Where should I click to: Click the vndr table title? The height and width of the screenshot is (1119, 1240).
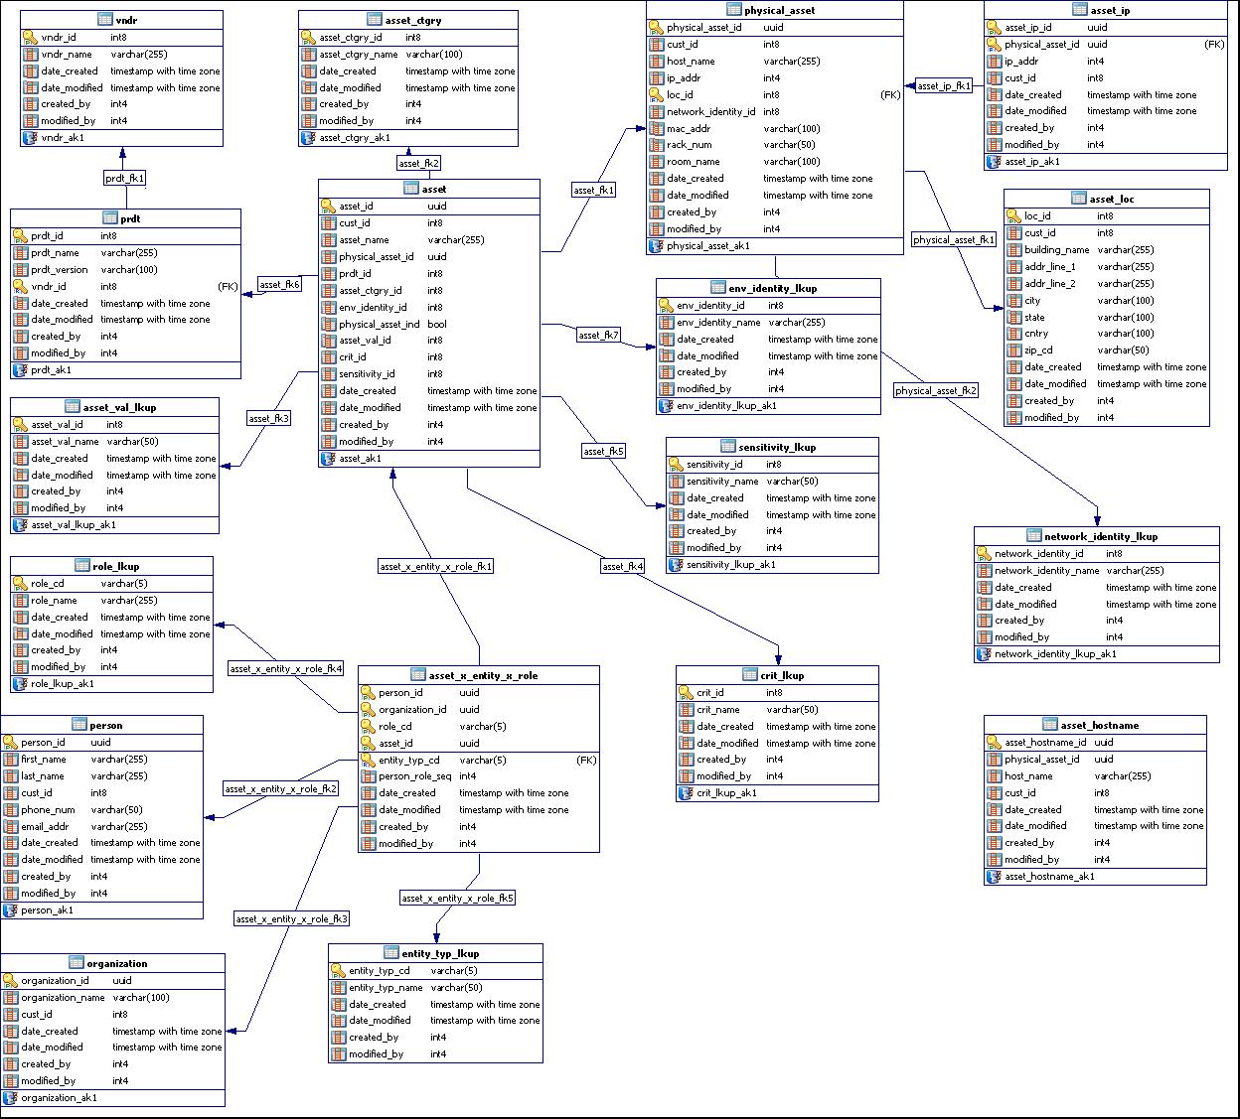coord(126,20)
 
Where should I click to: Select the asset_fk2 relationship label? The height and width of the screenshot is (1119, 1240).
coord(418,163)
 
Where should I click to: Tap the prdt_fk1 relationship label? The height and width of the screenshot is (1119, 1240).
coord(125,179)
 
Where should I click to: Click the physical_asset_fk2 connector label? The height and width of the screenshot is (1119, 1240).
coord(935,391)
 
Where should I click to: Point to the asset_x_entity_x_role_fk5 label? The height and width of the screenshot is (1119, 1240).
coord(457,898)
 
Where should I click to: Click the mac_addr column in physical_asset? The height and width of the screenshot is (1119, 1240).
coord(689,128)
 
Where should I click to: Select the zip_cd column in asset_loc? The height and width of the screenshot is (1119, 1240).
coord(1038,350)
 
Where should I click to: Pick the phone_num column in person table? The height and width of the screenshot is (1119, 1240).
coord(48,809)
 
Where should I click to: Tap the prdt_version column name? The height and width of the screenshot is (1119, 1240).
coord(59,269)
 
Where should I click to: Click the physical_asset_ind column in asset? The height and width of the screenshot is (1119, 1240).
coord(379,324)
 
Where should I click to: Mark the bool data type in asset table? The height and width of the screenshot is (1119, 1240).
coord(437,324)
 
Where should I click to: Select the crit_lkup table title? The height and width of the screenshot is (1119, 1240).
coord(782,675)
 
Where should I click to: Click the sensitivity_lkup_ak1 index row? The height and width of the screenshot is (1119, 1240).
coord(730,565)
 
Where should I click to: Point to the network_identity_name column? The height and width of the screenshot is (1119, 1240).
coord(1046,571)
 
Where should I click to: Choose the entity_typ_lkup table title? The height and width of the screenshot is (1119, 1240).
coord(440,953)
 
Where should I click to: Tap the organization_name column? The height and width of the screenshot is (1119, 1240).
coord(63,998)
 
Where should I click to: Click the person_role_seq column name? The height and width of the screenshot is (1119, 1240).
coord(414,776)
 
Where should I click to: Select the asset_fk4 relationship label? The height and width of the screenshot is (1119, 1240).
coord(623,566)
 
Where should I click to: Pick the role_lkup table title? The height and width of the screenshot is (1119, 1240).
coord(115,566)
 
